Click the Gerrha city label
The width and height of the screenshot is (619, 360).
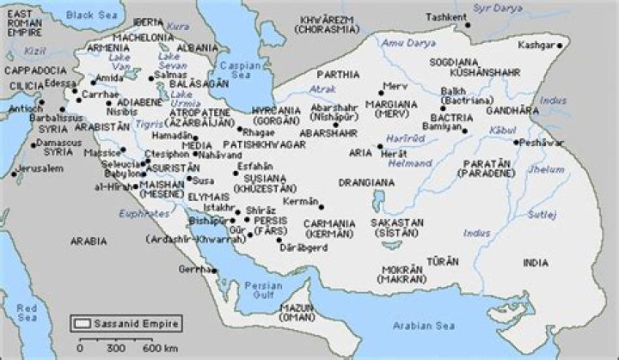[x=190, y=269]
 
